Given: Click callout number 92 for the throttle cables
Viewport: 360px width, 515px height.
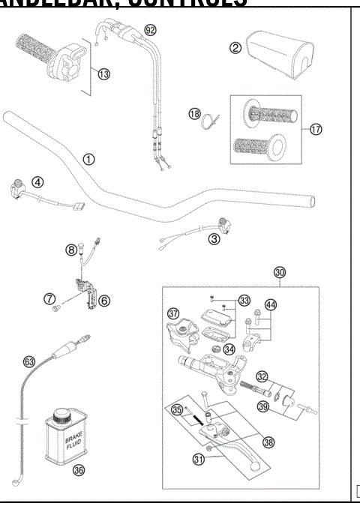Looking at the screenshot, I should tap(151, 31).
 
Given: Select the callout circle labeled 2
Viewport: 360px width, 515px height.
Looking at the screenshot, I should tap(235, 48).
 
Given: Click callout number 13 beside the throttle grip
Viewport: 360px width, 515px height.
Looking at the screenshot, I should tap(104, 74).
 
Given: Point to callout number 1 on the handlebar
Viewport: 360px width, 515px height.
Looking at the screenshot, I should tap(89, 159).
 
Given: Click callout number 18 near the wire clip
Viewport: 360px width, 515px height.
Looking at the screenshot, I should tap(194, 114).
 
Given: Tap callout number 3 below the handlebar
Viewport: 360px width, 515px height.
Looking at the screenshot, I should tap(214, 239).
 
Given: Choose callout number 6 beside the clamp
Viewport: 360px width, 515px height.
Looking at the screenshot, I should tap(104, 301).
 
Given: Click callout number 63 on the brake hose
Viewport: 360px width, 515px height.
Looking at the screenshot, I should tap(29, 361).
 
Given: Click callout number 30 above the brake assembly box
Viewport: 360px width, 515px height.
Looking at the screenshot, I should tap(280, 273).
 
